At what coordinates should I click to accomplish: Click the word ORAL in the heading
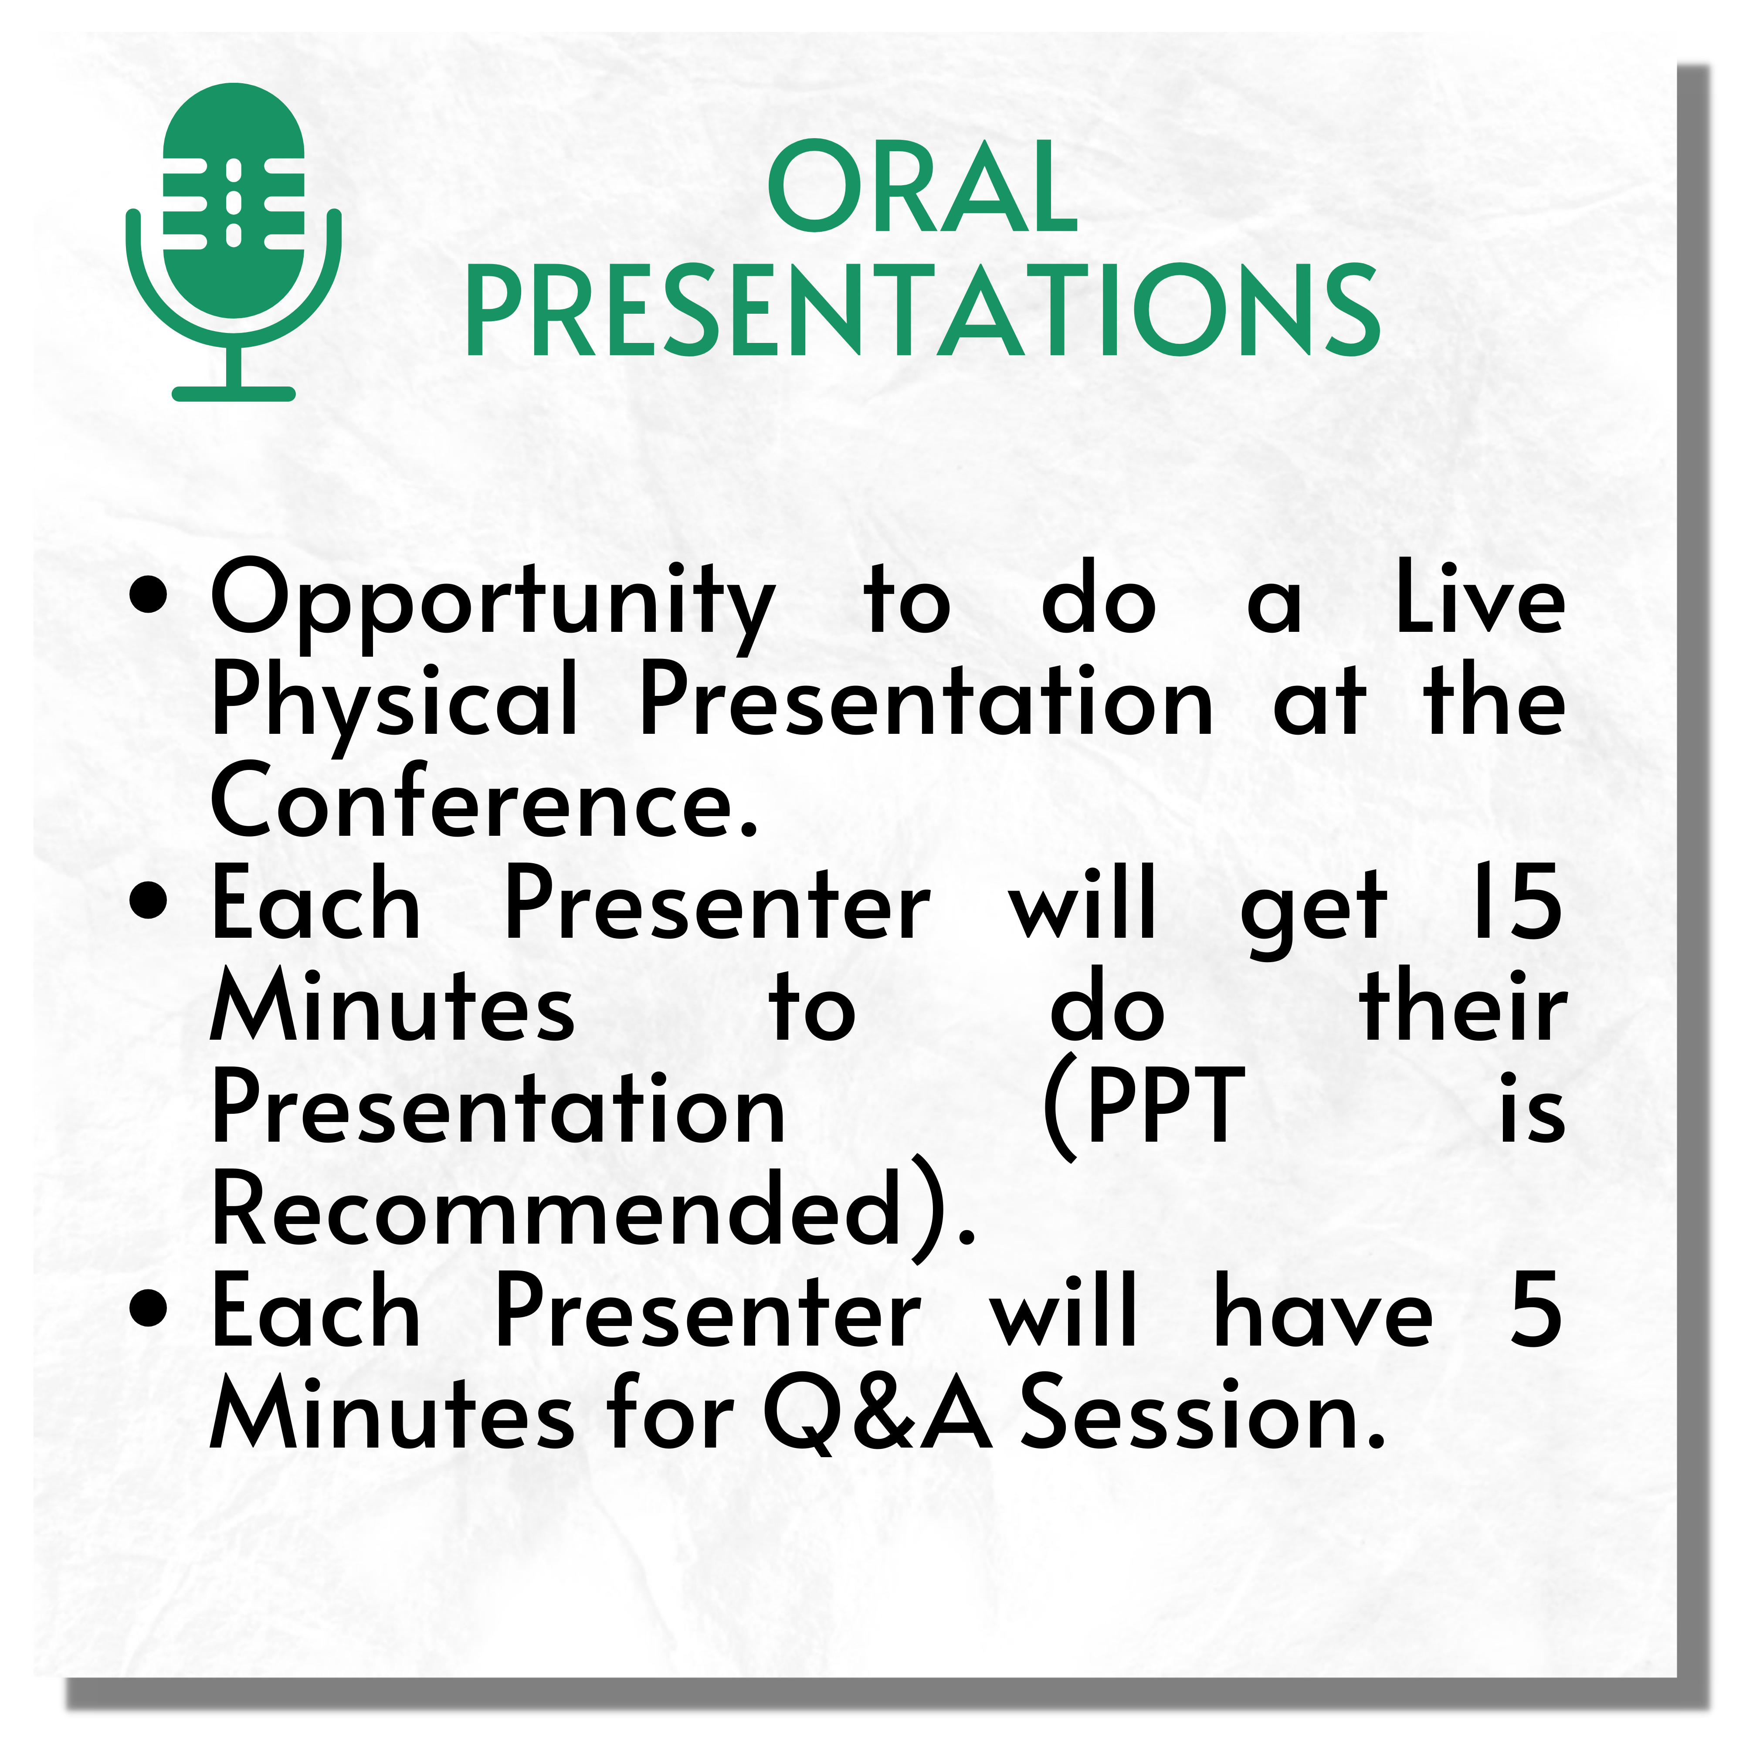pyautogui.click(x=922, y=187)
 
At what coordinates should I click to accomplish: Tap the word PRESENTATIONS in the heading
pyautogui.click(x=922, y=311)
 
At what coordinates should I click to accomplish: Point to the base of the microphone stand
pyautogui.click(x=234, y=393)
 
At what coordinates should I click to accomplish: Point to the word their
pyautogui.click(x=1463, y=1003)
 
